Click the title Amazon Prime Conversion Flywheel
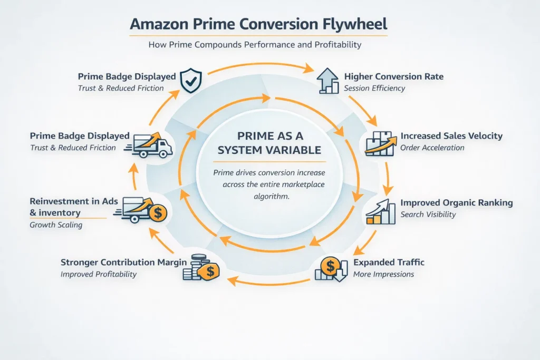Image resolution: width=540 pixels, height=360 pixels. [258, 24]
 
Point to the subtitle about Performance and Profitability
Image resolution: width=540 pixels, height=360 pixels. [255, 45]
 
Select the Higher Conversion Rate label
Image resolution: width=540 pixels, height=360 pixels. [393, 76]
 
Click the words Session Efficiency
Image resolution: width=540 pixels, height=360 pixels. [374, 88]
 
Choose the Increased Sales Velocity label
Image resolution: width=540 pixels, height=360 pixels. [451, 136]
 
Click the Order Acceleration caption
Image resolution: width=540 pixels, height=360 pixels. [432, 148]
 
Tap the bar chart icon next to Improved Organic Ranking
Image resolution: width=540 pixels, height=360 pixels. [380, 212]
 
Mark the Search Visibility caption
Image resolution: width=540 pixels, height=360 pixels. [428, 215]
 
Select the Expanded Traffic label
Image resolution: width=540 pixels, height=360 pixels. [389, 262]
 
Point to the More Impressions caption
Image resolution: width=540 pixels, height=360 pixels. [383, 274]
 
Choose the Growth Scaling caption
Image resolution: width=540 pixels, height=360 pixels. [56, 225]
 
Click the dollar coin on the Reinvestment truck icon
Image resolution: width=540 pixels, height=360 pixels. [157, 213]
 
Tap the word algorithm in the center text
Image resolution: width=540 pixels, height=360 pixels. [271, 196]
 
